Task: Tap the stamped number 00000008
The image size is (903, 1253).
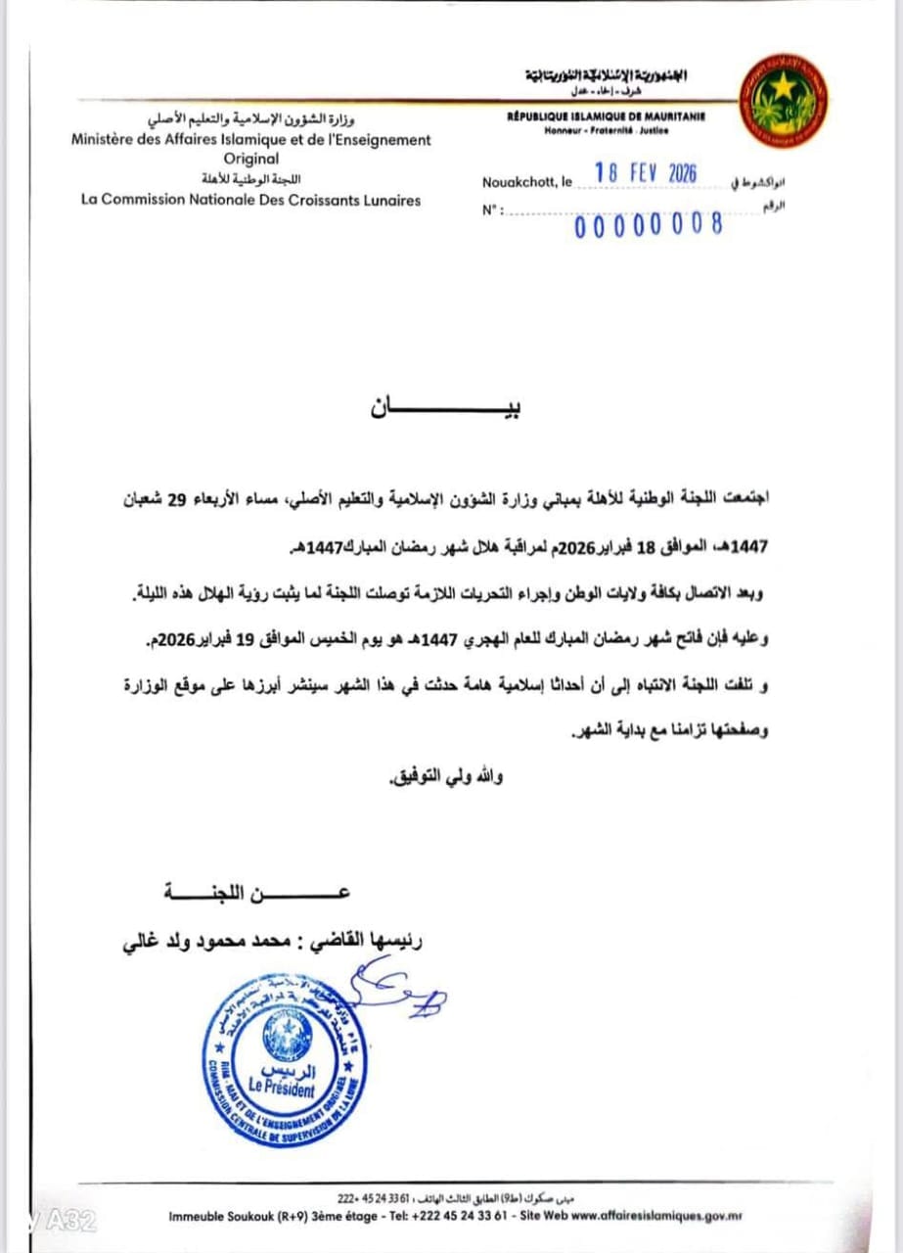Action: coord(650,225)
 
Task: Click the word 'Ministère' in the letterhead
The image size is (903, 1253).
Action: coord(107,140)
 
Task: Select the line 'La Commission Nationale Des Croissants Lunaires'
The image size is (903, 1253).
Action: coord(250,200)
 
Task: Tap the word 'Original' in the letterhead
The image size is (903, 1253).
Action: coord(251,159)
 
